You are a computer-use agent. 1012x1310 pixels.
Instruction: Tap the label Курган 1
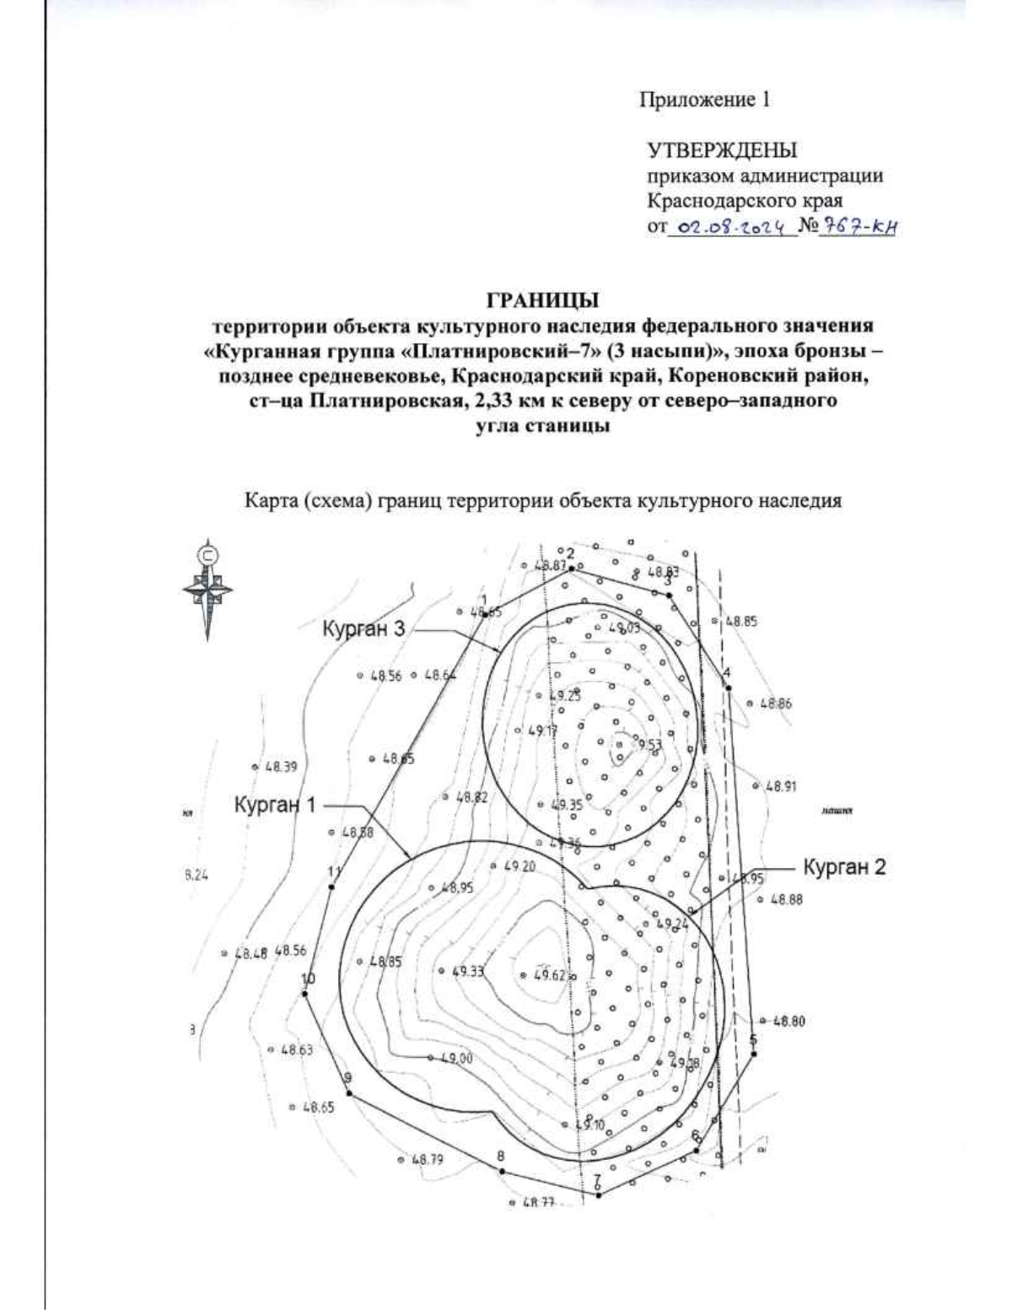click(276, 806)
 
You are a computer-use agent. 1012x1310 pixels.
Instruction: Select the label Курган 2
click(844, 867)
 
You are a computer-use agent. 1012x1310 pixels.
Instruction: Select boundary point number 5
click(754, 1053)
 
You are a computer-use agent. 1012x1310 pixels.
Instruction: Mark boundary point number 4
click(728, 687)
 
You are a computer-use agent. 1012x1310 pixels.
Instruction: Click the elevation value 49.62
click(549, 976)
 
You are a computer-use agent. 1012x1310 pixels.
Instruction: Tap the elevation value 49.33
click(468, 971)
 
